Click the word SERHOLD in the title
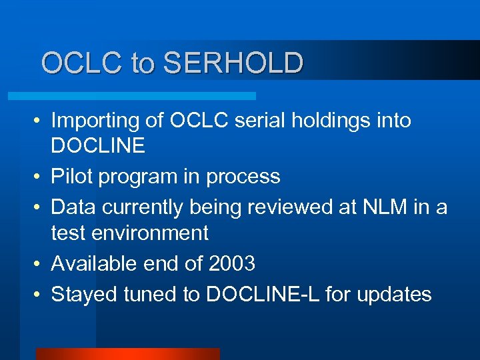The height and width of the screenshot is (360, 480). pos(233,63)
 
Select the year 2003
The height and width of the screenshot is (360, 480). pos(231,264)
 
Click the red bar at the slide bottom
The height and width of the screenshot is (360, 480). pos(127,353)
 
